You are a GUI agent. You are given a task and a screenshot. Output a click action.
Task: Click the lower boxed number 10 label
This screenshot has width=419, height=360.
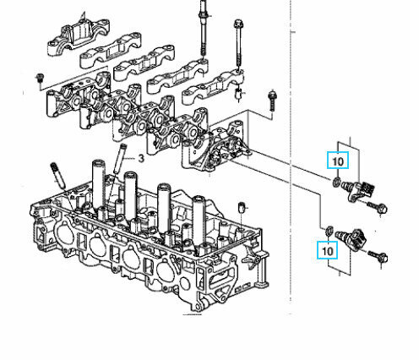(x=326, y=249)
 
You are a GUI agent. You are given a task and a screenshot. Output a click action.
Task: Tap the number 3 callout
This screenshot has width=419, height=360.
(x=142, y=157)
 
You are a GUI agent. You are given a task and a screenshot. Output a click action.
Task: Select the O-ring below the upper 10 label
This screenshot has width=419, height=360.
(x=338, y=181)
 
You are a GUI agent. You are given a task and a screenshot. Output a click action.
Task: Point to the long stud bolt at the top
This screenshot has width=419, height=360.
(x=203, y=34)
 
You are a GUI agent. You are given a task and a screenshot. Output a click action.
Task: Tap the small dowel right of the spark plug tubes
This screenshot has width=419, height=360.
(x=242, y=208)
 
